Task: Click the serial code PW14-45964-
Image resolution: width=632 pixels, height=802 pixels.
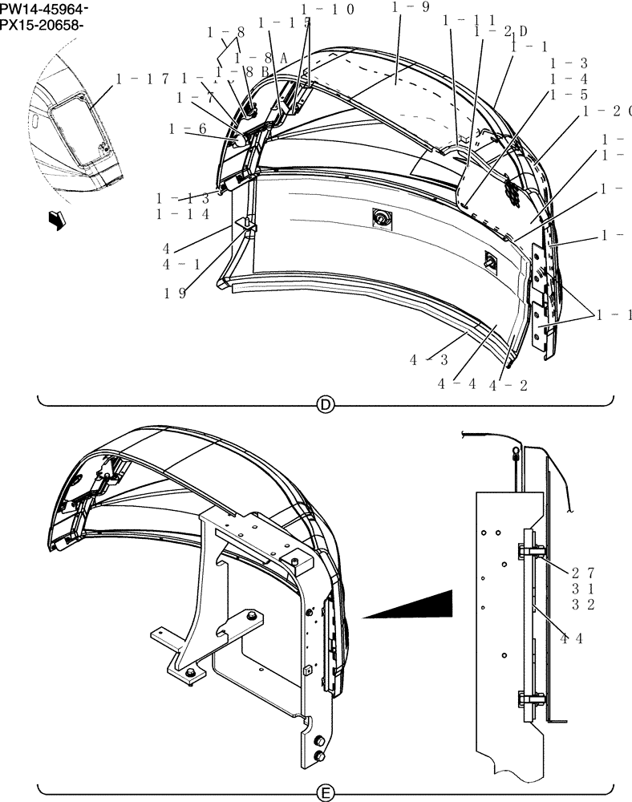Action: (x=44, y=9)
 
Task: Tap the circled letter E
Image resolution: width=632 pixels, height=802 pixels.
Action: (x=326, y=793)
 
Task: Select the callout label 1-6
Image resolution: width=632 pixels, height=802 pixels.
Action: (x=187, y=128)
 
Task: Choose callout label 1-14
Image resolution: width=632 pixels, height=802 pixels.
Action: (x=183, y=214)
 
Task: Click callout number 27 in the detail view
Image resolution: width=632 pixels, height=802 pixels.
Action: (x=583, y=573)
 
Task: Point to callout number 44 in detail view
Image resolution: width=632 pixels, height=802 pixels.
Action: (x=571, y=638)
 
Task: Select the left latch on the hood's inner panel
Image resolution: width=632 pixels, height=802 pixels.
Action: (x=379, y=217)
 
